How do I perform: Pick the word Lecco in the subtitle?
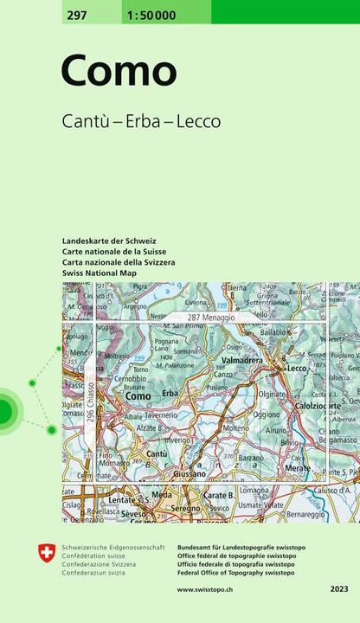(198, 121)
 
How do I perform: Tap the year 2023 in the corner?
(338, 588)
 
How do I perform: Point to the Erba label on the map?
(170, 394)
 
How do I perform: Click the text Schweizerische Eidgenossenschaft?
(113, 548)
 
